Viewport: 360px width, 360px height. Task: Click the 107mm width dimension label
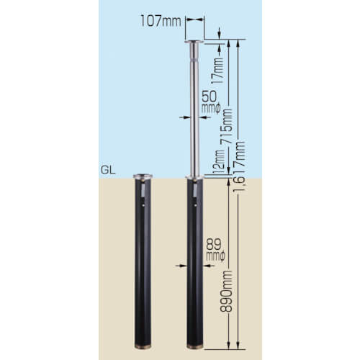click(x=161, y=21)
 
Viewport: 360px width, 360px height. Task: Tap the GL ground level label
click(x=108, y=170)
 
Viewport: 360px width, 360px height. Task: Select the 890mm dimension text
click(x=226, y=291)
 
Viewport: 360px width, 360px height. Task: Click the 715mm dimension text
click(x=226, y=126)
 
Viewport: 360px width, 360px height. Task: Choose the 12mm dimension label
click(x=219, y=162)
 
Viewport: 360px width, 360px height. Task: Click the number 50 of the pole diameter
click(x=209, y=96)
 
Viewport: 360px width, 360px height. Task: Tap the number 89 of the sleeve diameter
click(x=213, y=245)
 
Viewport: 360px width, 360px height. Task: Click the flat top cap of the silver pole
click(x=194, y=42)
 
